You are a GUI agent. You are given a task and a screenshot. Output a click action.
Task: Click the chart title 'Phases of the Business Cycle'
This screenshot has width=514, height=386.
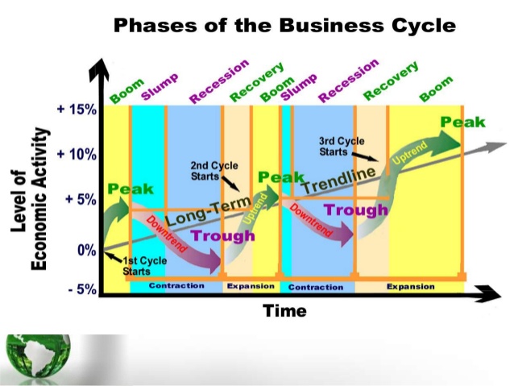[284, 25]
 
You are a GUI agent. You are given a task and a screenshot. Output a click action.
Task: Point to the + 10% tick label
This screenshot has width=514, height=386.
[76, 154]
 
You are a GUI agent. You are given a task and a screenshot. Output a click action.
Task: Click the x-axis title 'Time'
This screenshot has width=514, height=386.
[284, 310]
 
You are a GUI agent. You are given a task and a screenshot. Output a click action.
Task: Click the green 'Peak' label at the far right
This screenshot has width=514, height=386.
[463, 122]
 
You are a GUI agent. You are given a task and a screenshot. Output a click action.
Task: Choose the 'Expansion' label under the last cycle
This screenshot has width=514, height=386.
[410, 286]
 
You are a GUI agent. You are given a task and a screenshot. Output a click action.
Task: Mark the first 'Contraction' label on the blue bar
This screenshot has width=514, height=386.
[176, 286]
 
